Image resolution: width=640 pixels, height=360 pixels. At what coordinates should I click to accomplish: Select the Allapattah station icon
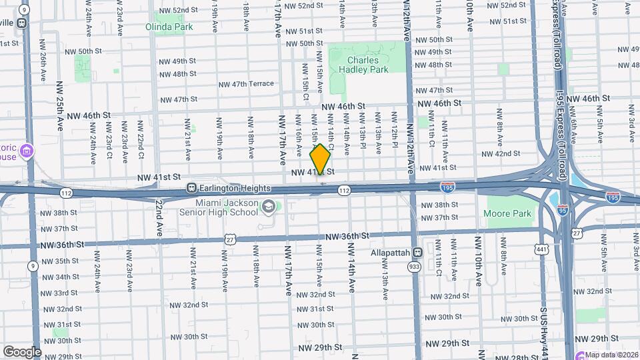417,253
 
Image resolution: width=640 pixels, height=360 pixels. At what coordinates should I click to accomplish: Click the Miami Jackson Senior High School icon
268,206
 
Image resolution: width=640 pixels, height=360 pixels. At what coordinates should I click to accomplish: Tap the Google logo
22,351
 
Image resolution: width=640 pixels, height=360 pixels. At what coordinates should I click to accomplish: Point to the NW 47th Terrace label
247,84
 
